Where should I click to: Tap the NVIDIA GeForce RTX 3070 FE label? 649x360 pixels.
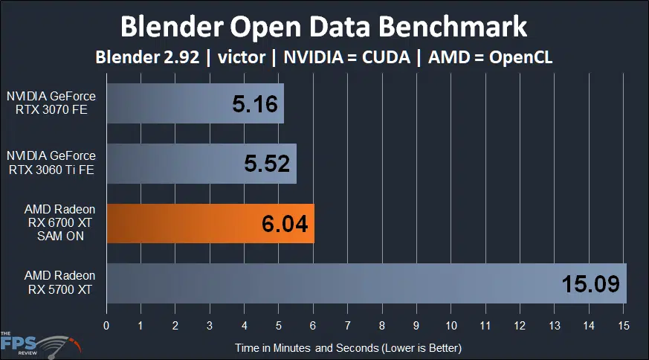click(x=51, y=105)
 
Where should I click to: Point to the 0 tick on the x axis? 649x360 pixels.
click(x=106, y=325)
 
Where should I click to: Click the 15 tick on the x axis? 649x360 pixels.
click(x=623, y=325)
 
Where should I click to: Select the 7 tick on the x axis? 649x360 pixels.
click(x=347, y=325)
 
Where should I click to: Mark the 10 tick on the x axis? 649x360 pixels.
click(x=451, y=325)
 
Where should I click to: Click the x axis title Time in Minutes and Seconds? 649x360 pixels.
click(x=349, y=347)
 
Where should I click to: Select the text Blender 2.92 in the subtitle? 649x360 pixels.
click(x=147, y=58)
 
